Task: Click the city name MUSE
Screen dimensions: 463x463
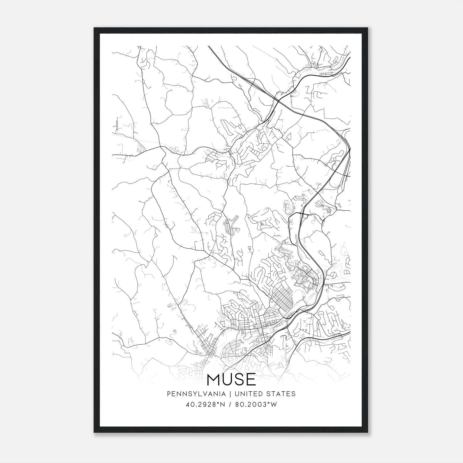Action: (231, 380)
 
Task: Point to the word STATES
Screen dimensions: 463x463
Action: (281, 394)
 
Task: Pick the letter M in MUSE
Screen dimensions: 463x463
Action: (214, 380)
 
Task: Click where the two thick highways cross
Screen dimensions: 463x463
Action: (279, 101)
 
